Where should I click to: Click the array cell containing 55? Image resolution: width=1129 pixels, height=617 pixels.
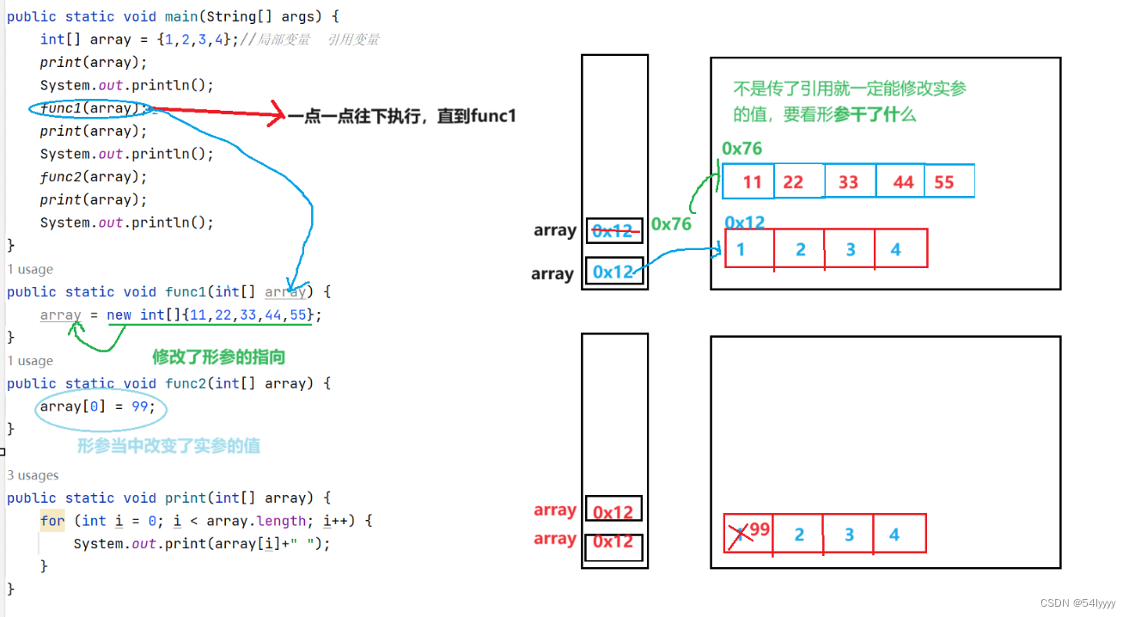pos(949,182)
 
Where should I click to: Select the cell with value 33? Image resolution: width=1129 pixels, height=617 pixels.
pos(849,182)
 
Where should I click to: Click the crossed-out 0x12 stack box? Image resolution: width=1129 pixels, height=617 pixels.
pos(613,230)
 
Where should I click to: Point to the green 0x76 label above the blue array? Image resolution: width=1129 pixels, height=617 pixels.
pos(741,149)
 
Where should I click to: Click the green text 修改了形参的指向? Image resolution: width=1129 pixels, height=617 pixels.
pos(218,357)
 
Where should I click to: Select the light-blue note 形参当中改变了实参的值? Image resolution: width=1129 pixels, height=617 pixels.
pos(168,446)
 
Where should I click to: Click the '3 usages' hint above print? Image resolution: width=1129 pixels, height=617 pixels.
pos(33,475)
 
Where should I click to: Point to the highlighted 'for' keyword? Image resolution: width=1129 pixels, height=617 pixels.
pos(52,521)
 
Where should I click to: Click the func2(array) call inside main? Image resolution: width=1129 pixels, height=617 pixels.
pos(94,177)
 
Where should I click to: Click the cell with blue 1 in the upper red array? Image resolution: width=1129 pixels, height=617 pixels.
pos(749,249)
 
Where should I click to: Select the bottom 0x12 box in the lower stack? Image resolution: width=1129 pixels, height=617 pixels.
pos(613,542)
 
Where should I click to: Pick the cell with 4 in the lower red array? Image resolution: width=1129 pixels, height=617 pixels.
pos(897,535)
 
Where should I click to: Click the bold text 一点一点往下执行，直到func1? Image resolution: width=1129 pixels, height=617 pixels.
pos(401,115)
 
